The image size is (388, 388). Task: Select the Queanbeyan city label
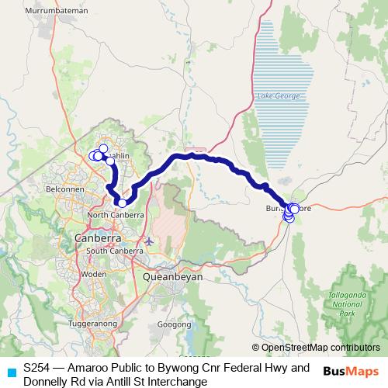[173, 275]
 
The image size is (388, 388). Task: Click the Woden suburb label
[94, 274]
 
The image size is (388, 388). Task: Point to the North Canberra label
[117, 214]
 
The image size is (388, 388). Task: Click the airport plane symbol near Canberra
[148, 241]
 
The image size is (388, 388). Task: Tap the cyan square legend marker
[11, 373]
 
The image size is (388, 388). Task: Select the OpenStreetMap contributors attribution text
[320, 348]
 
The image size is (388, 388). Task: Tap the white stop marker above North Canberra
[122, 203]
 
